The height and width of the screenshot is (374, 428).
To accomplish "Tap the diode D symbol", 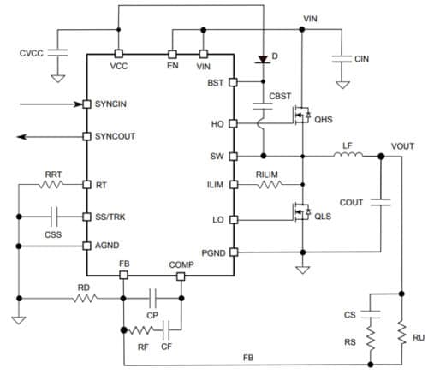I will coord(261,59).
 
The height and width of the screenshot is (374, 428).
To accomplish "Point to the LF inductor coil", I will coord(348,157).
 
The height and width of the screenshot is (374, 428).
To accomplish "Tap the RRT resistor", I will coord(53,184).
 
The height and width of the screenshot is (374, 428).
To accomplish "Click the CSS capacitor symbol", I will coord(53,217).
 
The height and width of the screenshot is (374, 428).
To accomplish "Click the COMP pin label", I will coord(181,266).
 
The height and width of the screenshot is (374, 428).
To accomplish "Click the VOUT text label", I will coord(402,146).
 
